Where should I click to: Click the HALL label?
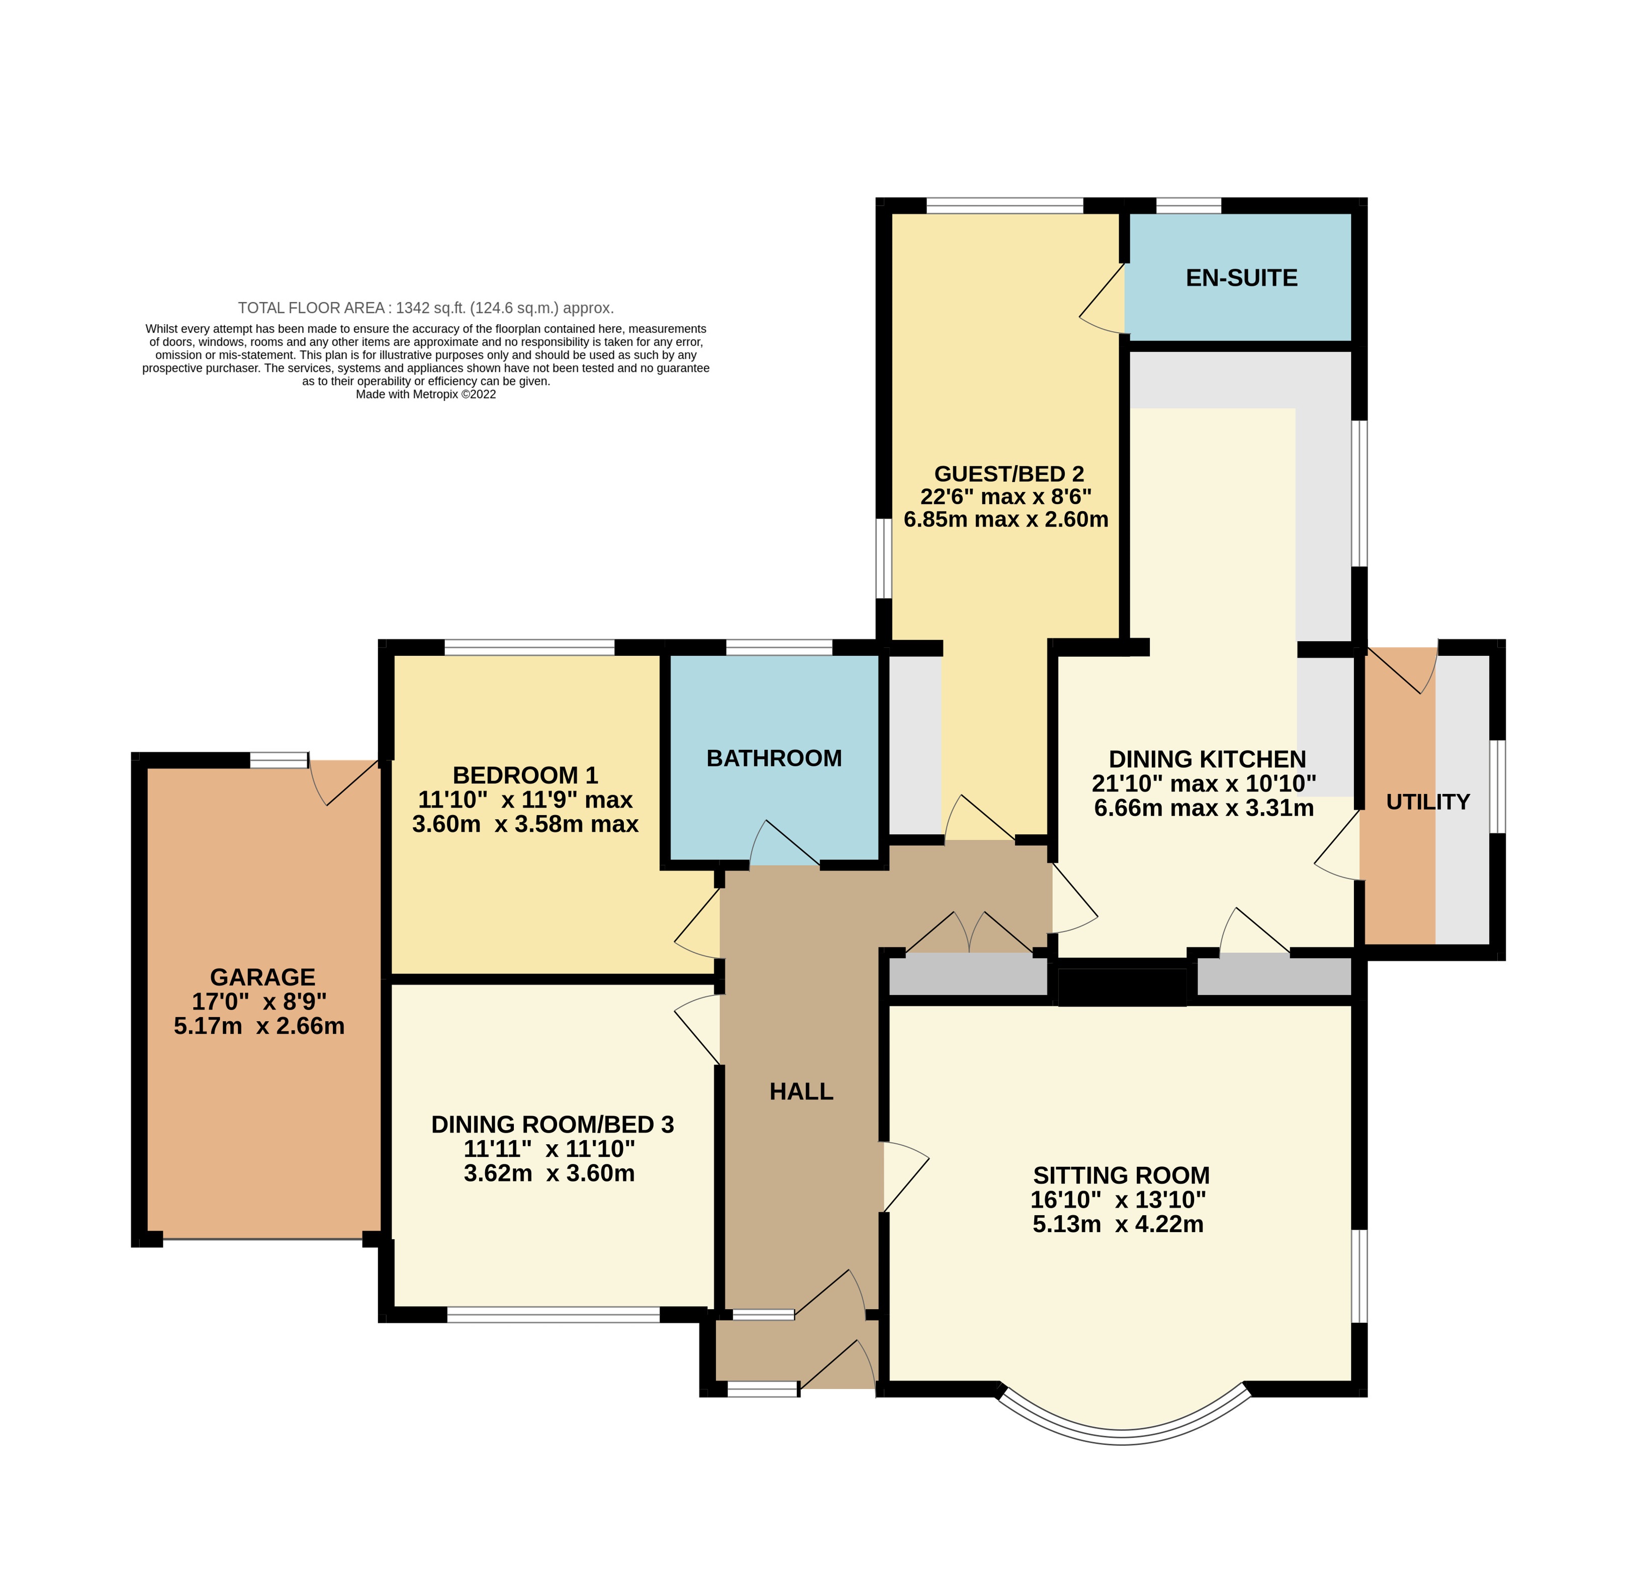tap(801, 1092)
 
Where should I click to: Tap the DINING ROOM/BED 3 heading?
tap(552, 1124)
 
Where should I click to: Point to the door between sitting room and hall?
tap(905, 1176)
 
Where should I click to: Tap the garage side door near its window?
tap(344, 781)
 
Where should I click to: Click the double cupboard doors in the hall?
tap(969, 934)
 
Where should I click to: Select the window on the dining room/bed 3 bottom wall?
tap(553, 1315)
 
